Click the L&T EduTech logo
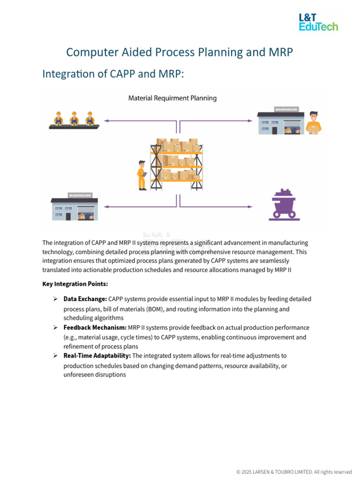(318, 22)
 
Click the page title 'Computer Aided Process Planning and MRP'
(180, 52)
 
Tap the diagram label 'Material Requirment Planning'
(172, 98)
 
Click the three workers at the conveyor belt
(74, 120)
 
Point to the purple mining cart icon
(284, 204)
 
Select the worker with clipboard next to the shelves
(142, 175)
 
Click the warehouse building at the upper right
(280, 121)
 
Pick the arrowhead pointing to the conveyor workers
(106, 121)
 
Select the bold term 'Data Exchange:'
(85, 299)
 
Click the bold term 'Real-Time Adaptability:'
(97, 356)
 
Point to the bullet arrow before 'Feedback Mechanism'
(55, 327)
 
